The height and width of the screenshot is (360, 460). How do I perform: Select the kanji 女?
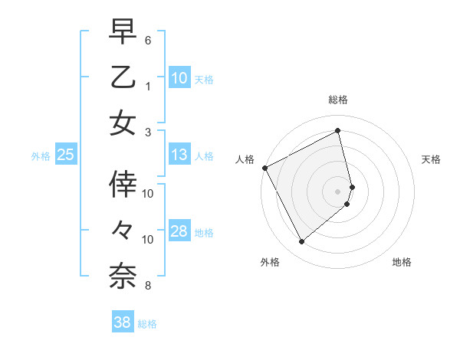coord(123,123)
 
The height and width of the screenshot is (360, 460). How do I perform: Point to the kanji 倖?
coord(123,184)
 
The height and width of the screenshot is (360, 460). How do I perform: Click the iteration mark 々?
coord(123,229)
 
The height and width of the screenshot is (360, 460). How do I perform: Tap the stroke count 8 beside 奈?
coord(149,286)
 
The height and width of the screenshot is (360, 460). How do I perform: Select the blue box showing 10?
coord(179,77)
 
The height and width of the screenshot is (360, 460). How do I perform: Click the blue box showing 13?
coord(179,155)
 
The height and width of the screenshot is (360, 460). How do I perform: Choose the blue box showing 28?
coord(179,232)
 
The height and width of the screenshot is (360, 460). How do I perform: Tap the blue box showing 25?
coord(65,155)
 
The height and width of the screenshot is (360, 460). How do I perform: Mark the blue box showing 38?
coord(123,323)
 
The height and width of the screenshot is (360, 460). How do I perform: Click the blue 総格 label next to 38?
coord(147,324)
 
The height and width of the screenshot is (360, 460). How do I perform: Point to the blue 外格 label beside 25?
coord(41,155)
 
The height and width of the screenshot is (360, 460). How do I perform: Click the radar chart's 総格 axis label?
coord(338,100)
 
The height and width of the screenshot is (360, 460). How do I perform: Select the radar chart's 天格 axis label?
coord(432,159)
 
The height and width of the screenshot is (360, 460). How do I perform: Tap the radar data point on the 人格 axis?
coord(265,168)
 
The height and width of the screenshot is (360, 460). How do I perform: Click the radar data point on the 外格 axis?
coord(301,242)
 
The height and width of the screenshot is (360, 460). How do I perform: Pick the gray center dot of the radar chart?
coord(338,191)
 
